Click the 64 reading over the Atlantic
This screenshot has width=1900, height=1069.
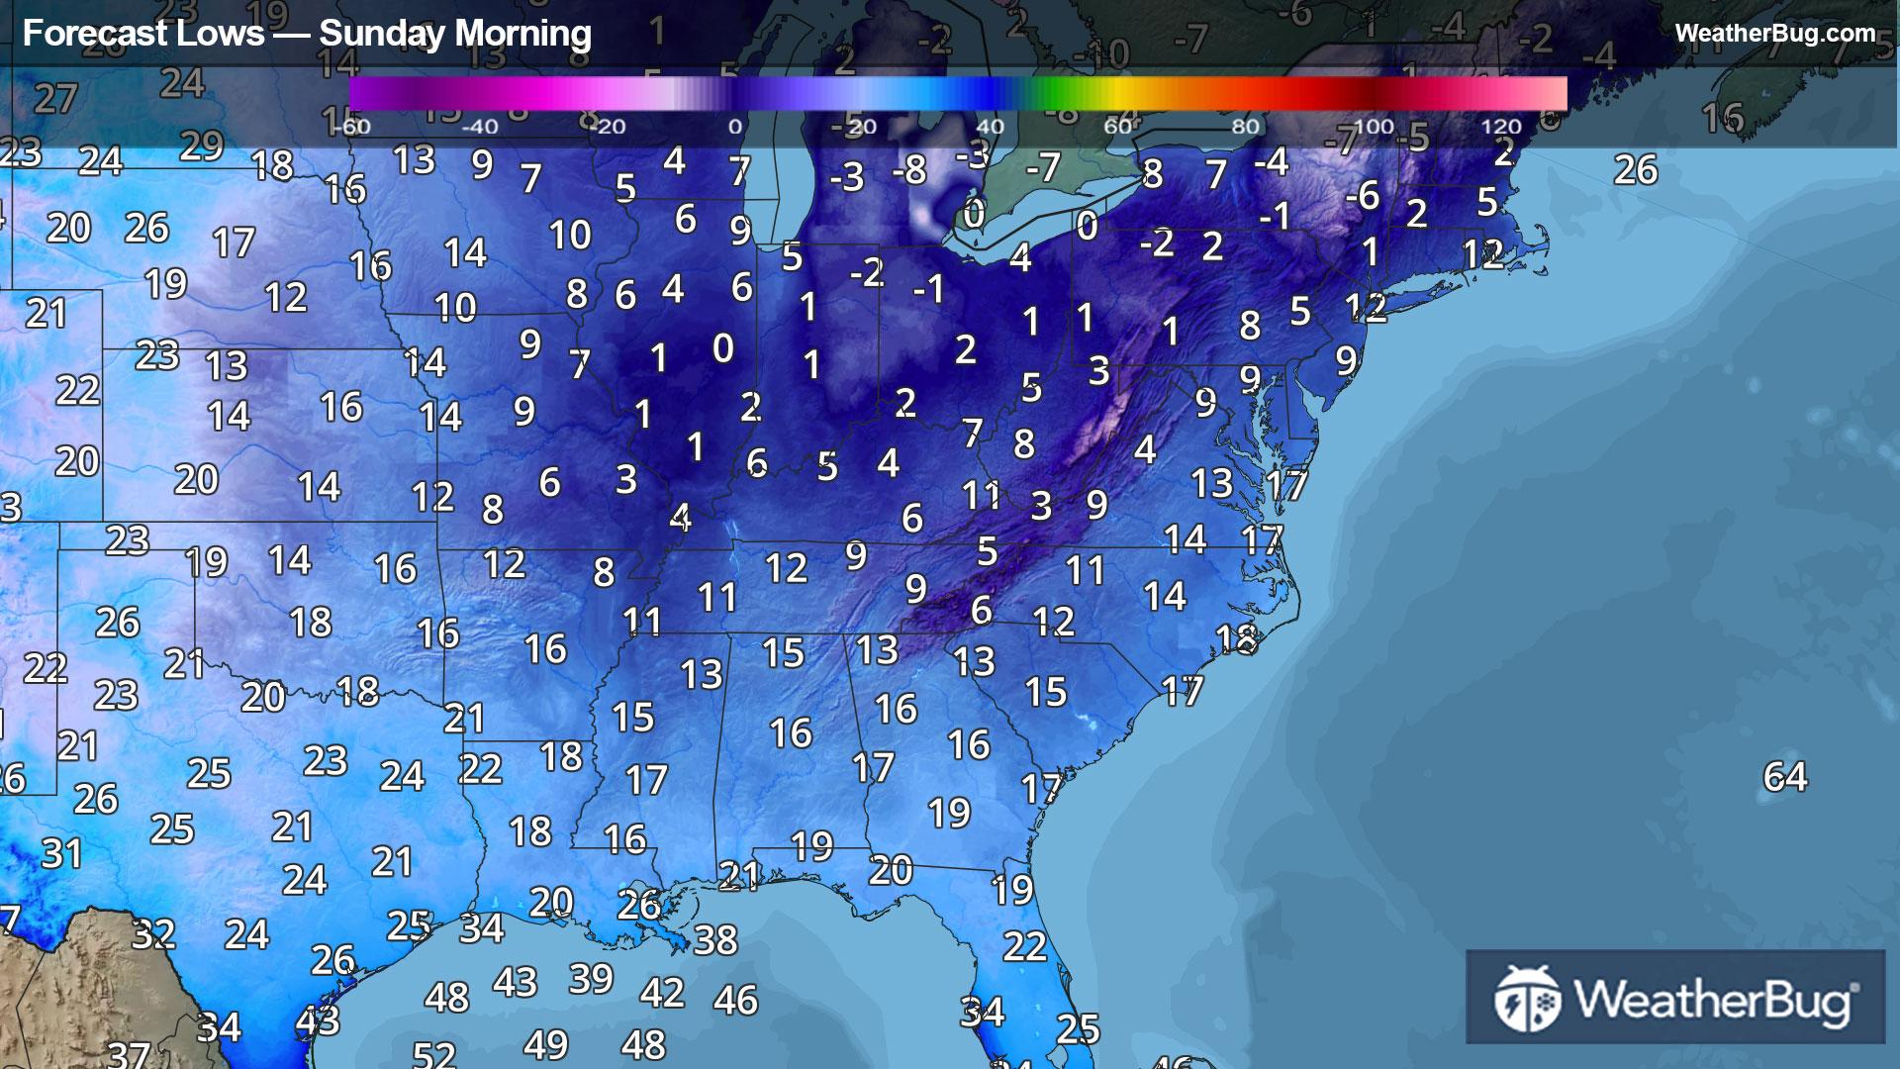click(x=1784, y=776)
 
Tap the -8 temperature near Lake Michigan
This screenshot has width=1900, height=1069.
click(x=908, y=170)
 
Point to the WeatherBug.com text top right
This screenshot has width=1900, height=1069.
click(x=1774, y=33)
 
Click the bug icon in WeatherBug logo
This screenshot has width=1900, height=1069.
click(x=1527, y=999)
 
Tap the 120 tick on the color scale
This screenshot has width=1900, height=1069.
click(x=1500, y=127)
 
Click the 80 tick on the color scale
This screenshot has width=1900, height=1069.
click(x=1245, y=127)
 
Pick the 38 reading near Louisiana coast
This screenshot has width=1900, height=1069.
click(x=714, y=939)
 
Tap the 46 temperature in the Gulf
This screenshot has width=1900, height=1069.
click(x=735, y=1000)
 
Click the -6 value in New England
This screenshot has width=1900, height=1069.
click(x=1363, y=195)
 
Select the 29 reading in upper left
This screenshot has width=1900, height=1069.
click(x=202, y=146)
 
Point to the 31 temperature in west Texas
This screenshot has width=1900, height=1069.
click(x=61, y=853)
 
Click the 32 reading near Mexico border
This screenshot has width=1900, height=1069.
click(x=153, y=933)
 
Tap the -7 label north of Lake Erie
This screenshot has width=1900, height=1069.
click(x=1043, y=167)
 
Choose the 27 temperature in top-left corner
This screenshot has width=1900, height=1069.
click(x=55, y=98)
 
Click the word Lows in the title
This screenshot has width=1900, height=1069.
click(x=229, y=34)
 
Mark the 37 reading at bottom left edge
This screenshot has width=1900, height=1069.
click(x=129, y=1054)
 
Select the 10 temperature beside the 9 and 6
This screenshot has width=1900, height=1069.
click(x=570, y=235)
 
